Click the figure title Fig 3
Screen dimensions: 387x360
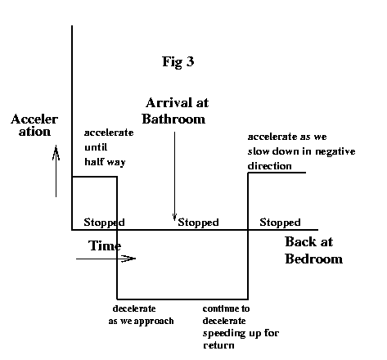coord(178,61)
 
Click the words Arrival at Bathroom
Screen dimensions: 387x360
coord(175,110)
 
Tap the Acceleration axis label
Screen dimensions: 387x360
coord(34,125)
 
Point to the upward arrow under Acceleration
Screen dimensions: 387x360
coord(56,171)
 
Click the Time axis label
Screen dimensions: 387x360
coord(105,245)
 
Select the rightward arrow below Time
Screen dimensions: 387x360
coord(106,259)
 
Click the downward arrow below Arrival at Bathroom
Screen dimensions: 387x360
coord(174,176)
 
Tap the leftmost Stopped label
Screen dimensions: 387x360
coord(104,223)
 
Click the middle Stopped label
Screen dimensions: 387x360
coord(198,223)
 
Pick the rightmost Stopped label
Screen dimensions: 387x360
coord(280,223)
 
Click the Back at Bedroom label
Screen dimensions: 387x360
coord(313,250)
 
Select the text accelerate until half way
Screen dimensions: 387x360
coord(109,147)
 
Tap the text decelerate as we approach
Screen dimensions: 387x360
coord(141,315)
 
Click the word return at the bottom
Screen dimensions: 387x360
coord(218,345)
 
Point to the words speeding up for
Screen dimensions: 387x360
coord(241,334)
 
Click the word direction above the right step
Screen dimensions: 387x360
coord(269,166)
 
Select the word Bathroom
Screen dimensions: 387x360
coord(173,119)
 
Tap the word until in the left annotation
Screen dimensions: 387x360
coord(96,147)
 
